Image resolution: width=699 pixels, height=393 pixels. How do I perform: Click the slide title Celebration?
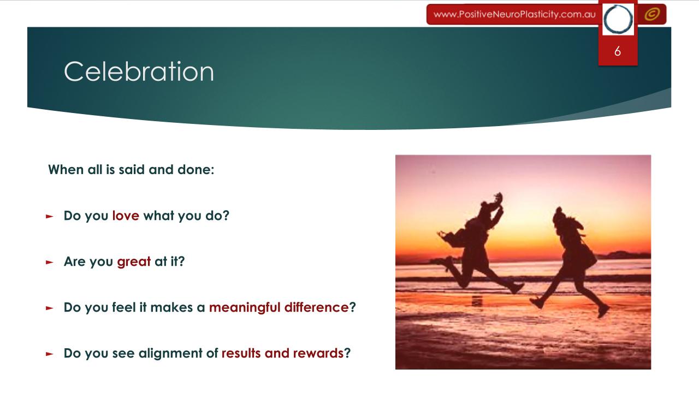click(139, 72)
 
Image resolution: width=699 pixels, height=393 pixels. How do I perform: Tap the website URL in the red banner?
click(514, 14)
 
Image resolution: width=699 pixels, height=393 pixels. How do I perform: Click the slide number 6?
click(618, 51)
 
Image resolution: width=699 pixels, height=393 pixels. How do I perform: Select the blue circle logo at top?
click(618, 19)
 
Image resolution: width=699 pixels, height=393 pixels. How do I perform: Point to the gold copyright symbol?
click(652, 14)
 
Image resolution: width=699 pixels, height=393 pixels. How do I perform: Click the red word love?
click(126, 216)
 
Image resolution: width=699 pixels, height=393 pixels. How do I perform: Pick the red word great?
click(134, 261)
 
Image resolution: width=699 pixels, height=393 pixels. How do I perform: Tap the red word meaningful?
click(245, 307)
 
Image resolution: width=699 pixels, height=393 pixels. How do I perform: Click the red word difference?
click(316, 307)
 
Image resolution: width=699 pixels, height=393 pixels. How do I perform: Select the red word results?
click(241, 353)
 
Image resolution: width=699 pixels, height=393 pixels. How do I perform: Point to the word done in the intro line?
click(196, 170)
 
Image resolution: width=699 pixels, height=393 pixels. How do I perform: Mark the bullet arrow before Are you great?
click(50, 263)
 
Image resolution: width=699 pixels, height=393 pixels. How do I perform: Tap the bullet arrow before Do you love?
click(50, 217)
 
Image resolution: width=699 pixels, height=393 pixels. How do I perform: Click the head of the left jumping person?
click(485, 209)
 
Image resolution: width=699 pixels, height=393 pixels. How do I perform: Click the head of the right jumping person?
click(559, 216)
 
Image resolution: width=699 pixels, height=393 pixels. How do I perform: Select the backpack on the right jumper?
click(587, 256)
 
